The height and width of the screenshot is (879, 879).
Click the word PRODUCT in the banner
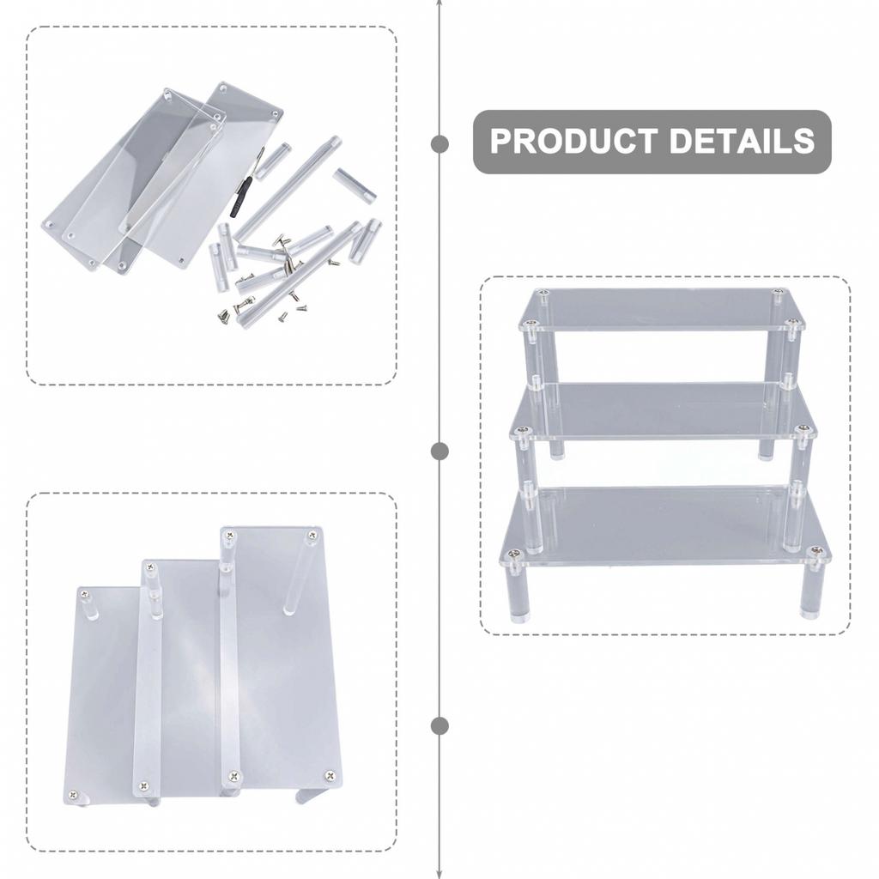[x=574, y=141]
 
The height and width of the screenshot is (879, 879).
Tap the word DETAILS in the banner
[x=742, y=141]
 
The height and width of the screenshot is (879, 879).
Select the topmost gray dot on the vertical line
[x=439, y=144]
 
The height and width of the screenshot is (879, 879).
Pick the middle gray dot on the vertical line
[x=439, y=452]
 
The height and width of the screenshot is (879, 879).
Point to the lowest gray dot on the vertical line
[x=439, y=726]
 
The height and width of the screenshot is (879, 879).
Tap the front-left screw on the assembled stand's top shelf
[x=530, y=324]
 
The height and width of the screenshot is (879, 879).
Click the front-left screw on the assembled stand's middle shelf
[x=524, y=431]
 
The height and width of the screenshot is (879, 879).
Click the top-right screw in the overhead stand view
[x=312, y=536]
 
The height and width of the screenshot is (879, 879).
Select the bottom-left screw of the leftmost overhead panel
[x=72, y=794]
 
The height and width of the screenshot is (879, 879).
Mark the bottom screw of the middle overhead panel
[x=143, y=786]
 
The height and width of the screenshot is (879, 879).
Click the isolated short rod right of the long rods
[x=355, y=185]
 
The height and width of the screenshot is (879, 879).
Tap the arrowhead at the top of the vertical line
[x=439, y=4]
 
